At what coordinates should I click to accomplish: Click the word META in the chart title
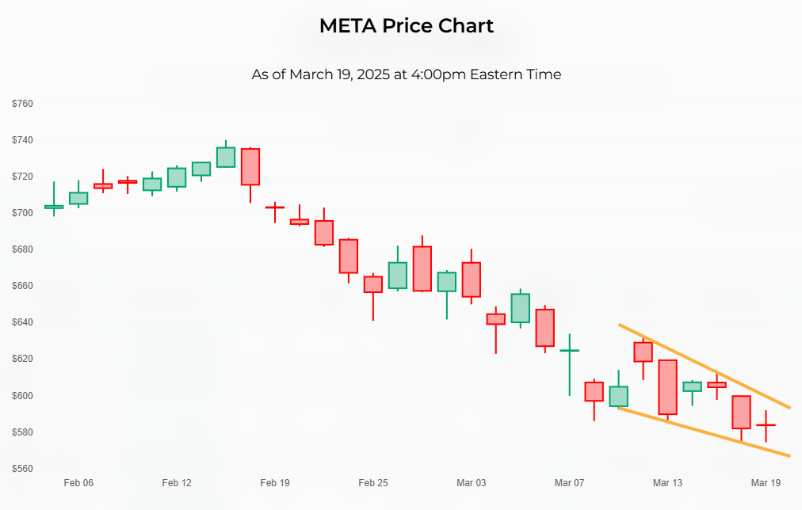(347, 25)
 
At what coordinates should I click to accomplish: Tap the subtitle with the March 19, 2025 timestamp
(406, 74)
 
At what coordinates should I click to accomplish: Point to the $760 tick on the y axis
(22, 104)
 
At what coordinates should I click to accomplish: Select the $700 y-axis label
(22, 213)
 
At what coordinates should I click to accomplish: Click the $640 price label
(22, 322)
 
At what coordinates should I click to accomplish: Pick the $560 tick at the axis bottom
(22, 469)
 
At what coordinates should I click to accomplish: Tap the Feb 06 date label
(78, 483)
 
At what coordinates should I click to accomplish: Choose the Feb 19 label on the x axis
(275, 483)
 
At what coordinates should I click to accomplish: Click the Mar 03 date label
(472, 483)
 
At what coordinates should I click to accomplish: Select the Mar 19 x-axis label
(766, 483)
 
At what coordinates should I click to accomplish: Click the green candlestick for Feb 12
(177, 177)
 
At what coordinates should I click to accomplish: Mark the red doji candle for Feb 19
(275, 207)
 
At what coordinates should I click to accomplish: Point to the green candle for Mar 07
(569, 350)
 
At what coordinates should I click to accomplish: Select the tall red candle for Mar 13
(667, 387)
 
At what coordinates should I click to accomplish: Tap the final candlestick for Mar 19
(766, 425)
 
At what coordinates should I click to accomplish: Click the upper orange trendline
(705, 367)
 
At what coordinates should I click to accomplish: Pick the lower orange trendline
(705, 433)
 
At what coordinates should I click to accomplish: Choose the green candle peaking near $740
(226, 157)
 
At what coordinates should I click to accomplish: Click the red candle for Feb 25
(373, 284)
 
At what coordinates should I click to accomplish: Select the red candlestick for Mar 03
(472, 280)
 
